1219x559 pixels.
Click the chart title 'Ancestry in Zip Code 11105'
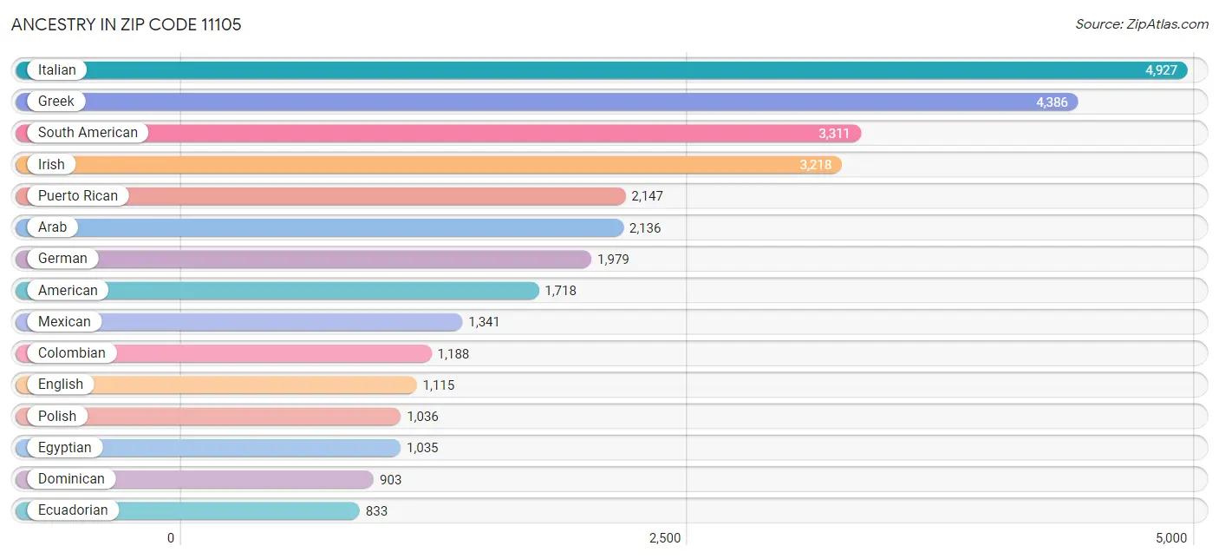127,24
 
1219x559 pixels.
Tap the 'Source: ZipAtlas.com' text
1141,24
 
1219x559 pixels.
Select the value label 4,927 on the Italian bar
1161,70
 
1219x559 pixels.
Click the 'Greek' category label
55,102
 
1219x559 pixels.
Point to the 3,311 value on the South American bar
834,134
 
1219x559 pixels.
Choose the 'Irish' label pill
51,165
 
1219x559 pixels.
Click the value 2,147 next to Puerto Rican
647,196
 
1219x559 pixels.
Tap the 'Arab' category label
52,227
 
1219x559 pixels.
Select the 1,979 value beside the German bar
613,259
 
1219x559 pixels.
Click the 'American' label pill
68,291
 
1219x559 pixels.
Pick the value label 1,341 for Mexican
484,322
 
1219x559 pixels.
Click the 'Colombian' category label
71,353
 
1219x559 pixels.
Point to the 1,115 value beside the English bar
439,385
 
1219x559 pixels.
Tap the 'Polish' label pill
57,417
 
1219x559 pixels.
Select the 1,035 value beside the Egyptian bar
422,448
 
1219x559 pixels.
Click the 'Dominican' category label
71,479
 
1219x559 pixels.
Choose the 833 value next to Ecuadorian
376,511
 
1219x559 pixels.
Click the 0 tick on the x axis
171,538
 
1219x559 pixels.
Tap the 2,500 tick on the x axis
665,538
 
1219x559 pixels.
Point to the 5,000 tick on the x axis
1170,538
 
